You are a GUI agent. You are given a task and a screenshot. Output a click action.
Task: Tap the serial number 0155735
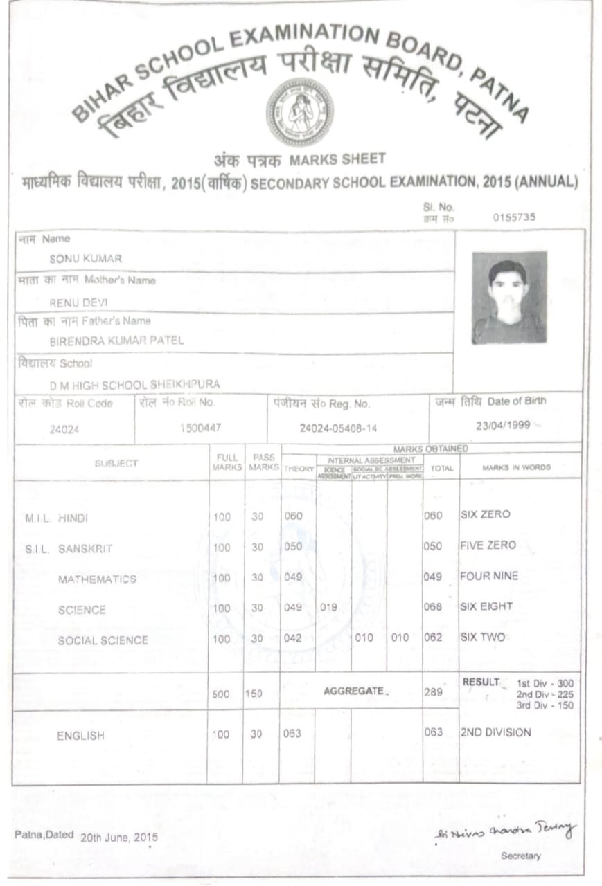click(514, 217)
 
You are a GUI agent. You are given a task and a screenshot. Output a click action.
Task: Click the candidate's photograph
click(509, 298)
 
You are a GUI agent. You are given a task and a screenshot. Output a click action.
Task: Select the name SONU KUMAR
click(86, 259)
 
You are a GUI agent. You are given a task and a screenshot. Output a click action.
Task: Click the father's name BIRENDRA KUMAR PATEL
click(116, 341)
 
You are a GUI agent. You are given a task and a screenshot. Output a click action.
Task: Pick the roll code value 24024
click(64, 429)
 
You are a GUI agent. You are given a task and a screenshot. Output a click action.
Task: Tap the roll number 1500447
click(200, 428)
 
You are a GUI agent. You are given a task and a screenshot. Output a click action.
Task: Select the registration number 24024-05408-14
click(338, 428)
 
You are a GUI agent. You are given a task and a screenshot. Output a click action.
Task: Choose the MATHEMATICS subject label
click(97, 579)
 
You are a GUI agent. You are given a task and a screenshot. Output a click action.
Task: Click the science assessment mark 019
click(328, 607)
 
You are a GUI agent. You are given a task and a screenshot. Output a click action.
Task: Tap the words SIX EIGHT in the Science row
click(486, 606)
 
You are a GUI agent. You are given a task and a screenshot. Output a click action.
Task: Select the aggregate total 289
click(433, 691)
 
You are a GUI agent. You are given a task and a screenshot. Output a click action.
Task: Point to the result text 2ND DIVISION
click(495, 732)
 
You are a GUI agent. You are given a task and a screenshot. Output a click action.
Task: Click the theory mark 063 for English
click(292, 734)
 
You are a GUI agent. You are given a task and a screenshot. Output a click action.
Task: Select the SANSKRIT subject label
click(85, 549)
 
